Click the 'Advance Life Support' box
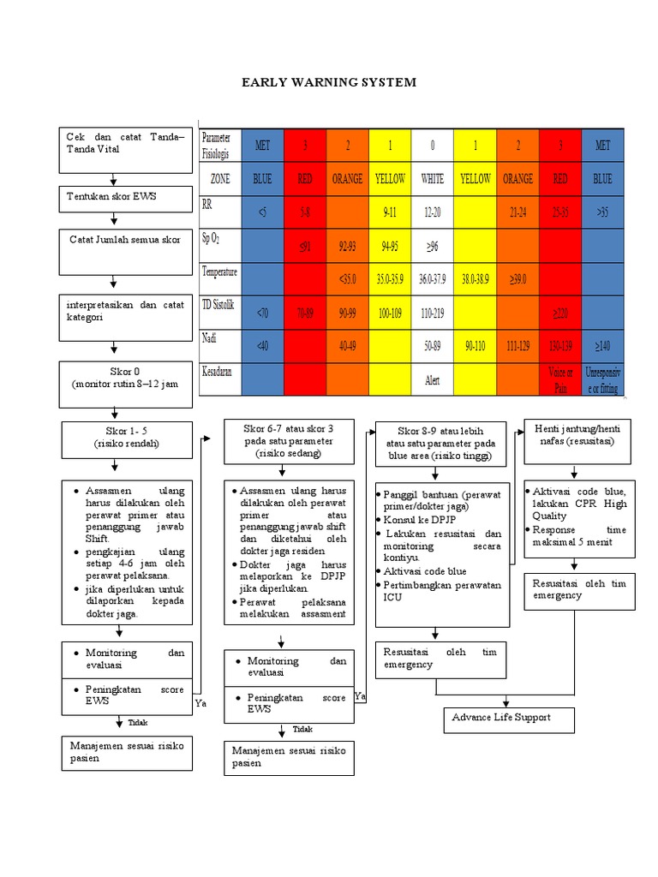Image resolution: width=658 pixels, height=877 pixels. click(x=508, y=719)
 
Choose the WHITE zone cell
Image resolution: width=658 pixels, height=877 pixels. click(x=433, y=179)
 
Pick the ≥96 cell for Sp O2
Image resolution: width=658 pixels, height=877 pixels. click(x=433, y=247)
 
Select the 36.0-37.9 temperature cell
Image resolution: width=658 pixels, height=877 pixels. click(x=433, y=279)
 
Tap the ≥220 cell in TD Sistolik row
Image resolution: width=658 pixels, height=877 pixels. click(x=560, y=313)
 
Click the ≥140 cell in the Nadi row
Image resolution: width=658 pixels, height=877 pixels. click(x=603, y=346)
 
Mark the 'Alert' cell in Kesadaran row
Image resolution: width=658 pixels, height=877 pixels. click(x=433, y=380)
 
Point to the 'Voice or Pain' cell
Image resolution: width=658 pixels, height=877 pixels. click(x=560, y=380)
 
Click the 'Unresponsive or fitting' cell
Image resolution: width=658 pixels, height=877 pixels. click(x=603, y=380)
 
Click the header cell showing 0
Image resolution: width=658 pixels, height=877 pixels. click(x=433, y=146)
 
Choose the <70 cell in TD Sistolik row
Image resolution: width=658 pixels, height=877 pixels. click(x=262, y=313)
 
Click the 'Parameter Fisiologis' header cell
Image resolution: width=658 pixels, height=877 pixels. click(x=219, y=146)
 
